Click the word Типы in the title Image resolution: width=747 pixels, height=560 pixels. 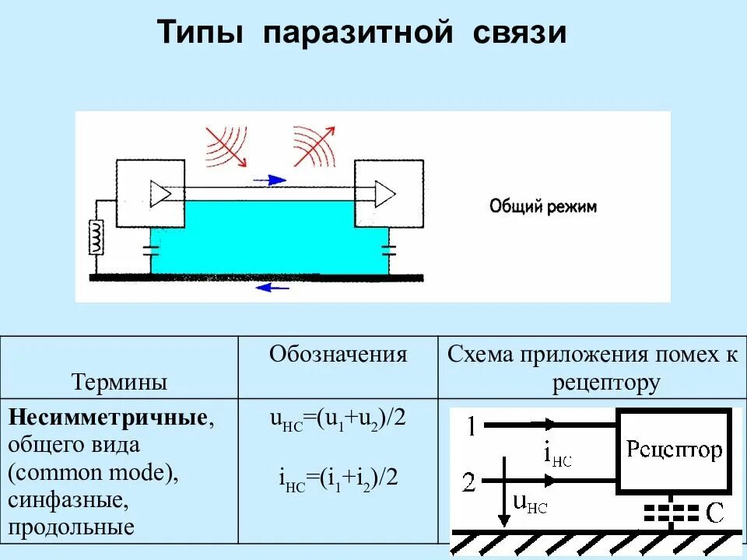click(x=201, y=33)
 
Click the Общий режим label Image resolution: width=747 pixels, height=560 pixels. click(x=542, y=207)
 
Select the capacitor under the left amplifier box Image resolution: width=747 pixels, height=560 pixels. click(x=150, y=250)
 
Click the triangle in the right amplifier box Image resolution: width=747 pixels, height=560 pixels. click(x=384, y=193)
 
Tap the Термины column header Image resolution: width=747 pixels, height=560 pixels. click(x=119, y=382)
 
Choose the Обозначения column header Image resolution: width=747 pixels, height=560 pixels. click(x=338, y=355)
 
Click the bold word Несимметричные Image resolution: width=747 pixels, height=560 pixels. click(x=108, y=418)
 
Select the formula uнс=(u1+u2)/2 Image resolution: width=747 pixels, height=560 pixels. click(x=338, y=419)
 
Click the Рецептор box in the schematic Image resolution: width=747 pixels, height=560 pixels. click(x=674, y=450)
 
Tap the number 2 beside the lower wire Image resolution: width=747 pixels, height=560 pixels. click(x=468, y=483)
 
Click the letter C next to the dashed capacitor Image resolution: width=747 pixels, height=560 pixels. click(x=714, y=513)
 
